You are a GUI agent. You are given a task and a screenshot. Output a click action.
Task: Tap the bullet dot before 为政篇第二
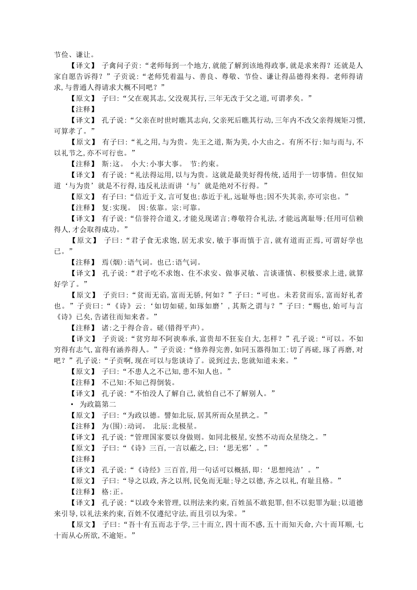(72, 404)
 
